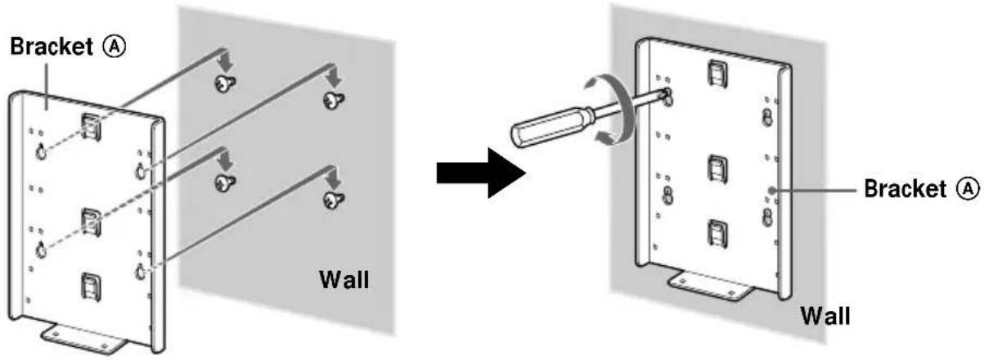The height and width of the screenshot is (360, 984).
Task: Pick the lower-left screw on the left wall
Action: coord(222,181)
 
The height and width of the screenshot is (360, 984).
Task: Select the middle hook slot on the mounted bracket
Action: coord(714,169)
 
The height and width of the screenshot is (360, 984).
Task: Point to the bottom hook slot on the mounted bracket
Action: coord(713,233)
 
